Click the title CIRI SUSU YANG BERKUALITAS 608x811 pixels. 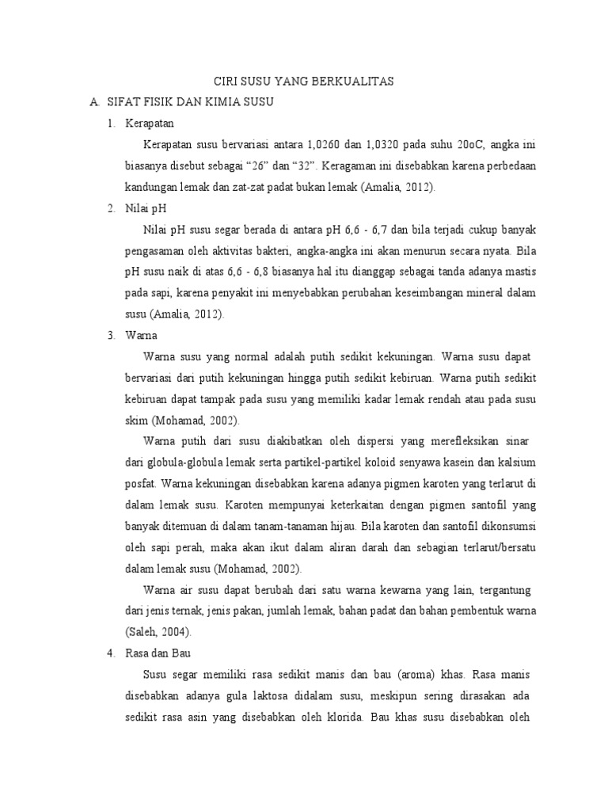coord(306,82)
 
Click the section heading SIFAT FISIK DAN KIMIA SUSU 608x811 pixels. coord(190,103)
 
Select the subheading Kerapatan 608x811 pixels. coord(150,124)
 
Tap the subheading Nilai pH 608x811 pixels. coord(146,208)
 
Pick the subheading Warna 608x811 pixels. coord(142,335)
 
